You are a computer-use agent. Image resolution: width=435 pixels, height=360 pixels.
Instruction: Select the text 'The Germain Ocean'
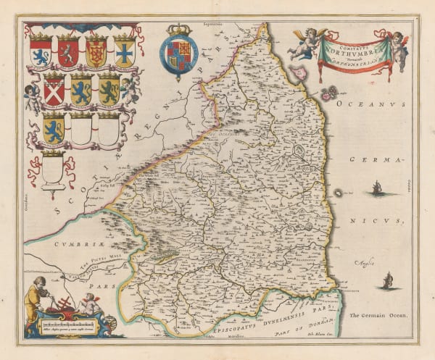(377, 316)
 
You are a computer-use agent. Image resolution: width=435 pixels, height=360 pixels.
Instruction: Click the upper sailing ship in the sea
(376, 189)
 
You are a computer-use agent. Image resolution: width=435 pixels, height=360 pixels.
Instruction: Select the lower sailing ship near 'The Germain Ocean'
(388, 280)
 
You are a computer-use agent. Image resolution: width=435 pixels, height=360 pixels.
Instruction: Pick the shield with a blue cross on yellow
(124, 51)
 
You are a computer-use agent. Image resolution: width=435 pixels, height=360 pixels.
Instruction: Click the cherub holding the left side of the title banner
(304, 43)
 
